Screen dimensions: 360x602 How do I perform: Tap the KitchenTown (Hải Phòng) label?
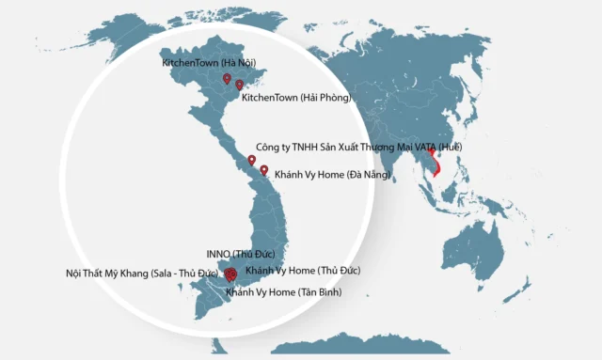click(295, 97)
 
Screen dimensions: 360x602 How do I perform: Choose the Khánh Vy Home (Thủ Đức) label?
click(302, 270)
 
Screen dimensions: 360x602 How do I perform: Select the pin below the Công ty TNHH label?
click(251, 162)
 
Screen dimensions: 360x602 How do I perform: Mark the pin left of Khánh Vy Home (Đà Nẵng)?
click(264, 171)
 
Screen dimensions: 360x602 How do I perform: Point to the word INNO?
click(216, 255)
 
